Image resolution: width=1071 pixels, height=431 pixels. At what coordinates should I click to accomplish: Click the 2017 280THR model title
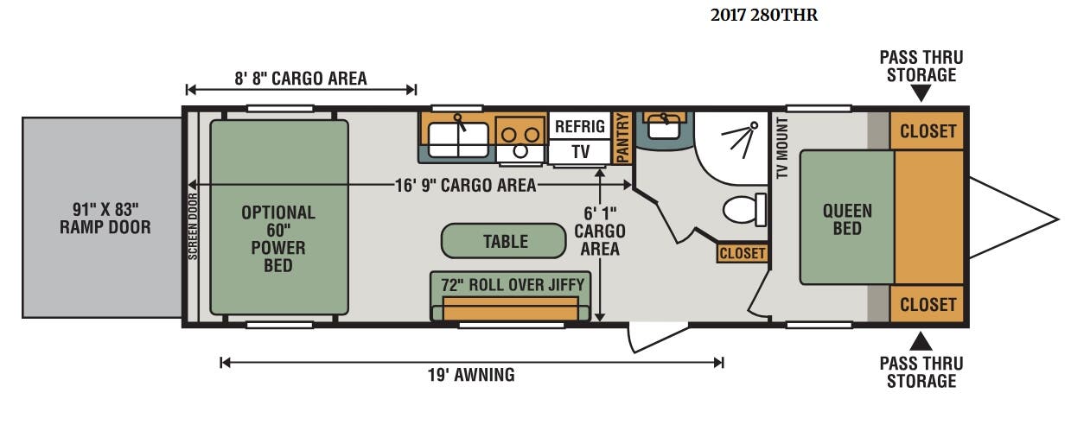coord(763,16)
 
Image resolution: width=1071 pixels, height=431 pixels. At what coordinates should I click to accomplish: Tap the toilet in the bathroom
coord(744,209)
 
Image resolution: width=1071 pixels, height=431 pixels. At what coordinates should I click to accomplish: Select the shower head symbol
coord(740,140)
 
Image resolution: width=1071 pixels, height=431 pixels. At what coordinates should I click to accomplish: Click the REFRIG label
coord(579,126)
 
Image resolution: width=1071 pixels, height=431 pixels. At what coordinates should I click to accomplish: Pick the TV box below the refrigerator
coord(579,152)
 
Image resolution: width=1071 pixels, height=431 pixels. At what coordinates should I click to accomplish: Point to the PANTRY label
coord(622,137)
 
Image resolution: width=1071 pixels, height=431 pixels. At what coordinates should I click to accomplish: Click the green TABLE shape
coord(503,241)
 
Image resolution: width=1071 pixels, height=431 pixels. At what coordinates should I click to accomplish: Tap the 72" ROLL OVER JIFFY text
coord(513,285)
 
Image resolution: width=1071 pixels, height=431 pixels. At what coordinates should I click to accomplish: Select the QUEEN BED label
coord(847,219)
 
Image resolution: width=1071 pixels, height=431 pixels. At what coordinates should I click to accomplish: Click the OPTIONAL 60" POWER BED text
coord(278,239)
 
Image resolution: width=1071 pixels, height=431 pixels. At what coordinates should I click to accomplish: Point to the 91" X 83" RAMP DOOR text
coord(105,218)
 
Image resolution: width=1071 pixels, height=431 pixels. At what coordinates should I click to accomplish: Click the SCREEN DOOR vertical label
coord(193,226)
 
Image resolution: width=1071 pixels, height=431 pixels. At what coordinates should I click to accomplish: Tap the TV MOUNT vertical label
coord(782,148)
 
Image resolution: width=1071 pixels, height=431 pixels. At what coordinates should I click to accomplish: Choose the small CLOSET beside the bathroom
coord(742,253)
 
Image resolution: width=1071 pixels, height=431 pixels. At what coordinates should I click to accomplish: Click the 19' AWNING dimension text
coord(471,375)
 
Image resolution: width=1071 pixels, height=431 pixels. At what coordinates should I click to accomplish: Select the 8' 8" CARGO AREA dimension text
coord(301,79)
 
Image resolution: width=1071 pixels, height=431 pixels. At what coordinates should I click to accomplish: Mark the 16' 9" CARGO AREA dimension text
coord(465,186)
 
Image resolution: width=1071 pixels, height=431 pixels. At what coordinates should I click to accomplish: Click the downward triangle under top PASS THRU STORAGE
coord(921,92)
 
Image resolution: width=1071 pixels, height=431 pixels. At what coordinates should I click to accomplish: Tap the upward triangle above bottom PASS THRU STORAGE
coord(921,342)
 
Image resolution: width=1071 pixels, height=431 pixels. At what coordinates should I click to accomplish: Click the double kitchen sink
coord(458,140)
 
